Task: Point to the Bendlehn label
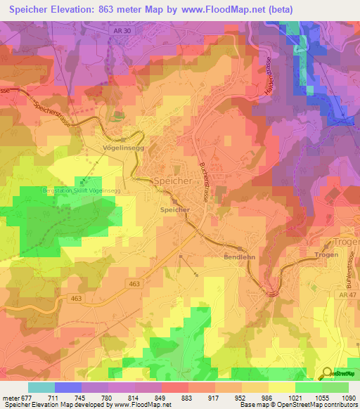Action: tap(240, 258)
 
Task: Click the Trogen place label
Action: tap(327, 254)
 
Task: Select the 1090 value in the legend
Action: tap(349, 397)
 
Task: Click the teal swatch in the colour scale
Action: tap(41, 387)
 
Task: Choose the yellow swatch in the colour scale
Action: tap(282, 387)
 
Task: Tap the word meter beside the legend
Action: tap(11, 397)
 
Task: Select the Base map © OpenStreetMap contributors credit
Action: tap(298, 405)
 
